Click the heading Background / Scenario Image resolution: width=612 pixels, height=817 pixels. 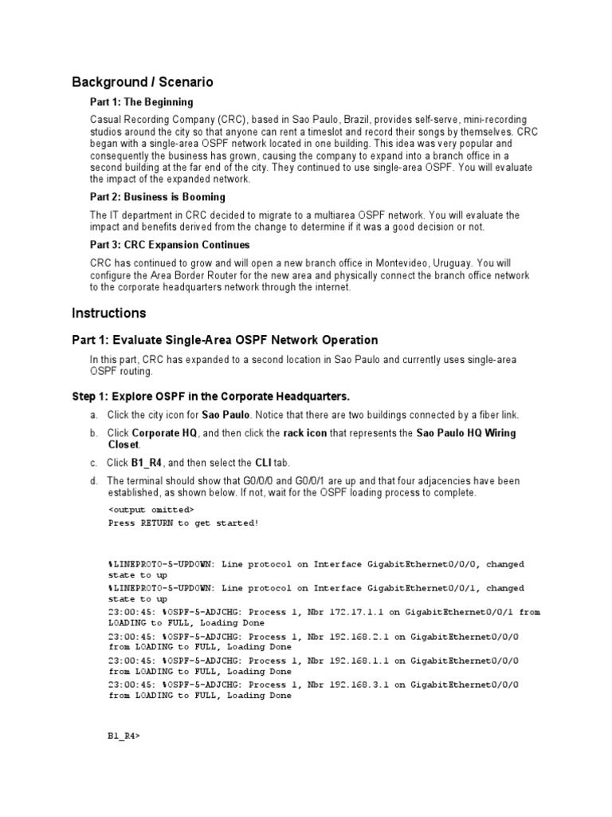coord(143,82)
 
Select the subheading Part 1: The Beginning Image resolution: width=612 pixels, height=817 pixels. coord(141,102)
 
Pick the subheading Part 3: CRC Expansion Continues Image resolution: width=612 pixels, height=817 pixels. coord(170,245)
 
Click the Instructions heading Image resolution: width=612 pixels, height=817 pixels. coord(108,314)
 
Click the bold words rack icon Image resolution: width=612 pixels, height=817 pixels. coord(304,433)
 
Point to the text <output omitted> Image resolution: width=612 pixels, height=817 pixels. coord(151,509)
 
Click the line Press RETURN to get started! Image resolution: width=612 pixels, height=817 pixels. coord(183,523)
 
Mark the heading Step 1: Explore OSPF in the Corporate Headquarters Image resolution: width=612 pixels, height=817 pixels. coord(211,397)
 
